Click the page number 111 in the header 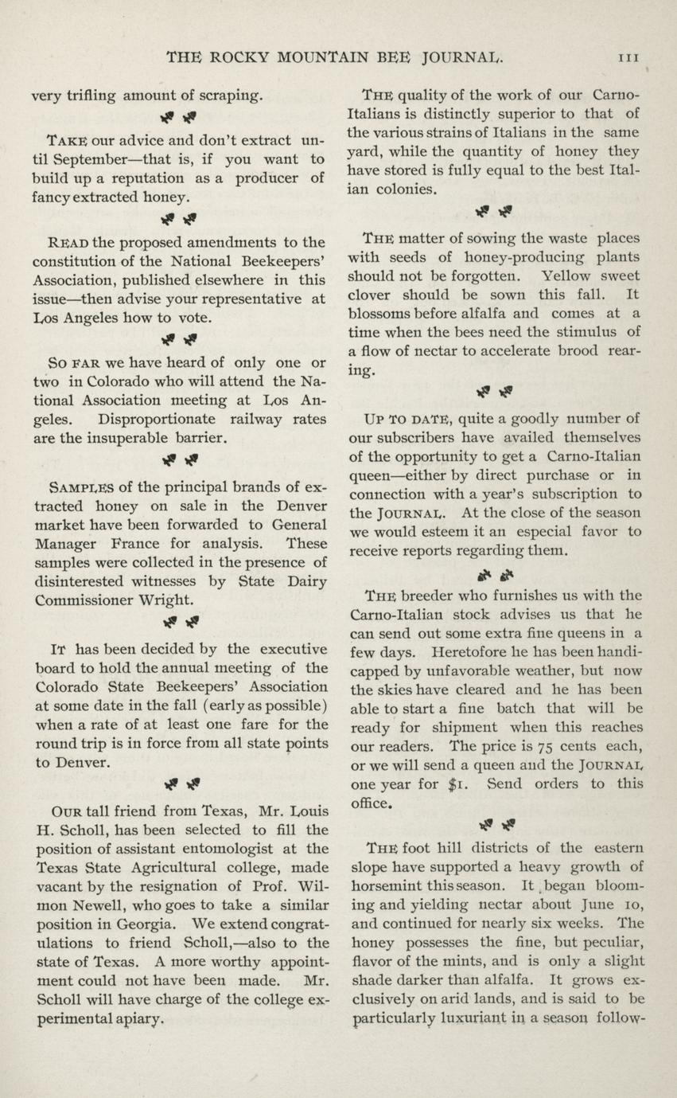tap(632, 57)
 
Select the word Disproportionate tap(157, 419)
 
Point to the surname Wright tap(164, 600)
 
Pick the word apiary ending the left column tap(138, 1020)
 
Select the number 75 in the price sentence tap(545, 746)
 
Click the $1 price tap(458, 784)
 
